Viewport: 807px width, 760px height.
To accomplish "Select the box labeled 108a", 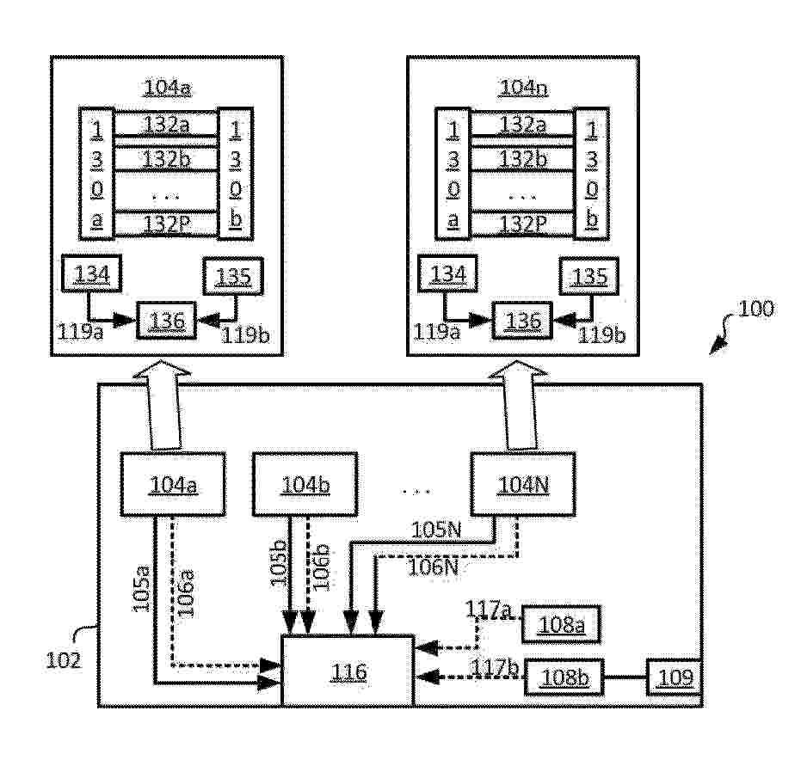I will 560,624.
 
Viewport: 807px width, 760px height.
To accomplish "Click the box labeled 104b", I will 305,484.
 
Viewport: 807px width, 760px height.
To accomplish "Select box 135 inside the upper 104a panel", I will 232,276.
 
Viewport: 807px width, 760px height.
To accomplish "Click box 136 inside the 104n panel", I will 523,321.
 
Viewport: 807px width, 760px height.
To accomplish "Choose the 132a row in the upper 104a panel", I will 167,125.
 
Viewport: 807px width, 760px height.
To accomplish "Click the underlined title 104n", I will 522,87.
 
